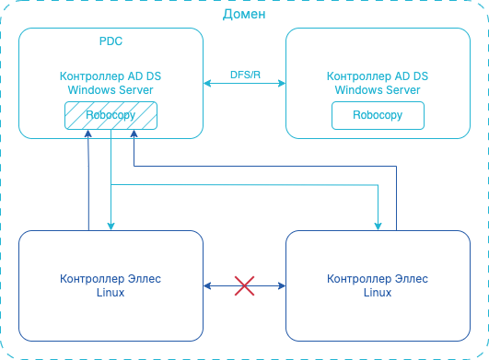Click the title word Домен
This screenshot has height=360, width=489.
pyautogui.click(x=244, y=14)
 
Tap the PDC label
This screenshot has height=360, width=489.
pyautogui.click(x=111, y=42)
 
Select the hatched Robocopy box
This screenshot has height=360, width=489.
pyautogui.click(x=111, y=116)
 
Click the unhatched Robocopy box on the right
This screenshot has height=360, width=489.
pyautogui.click(x=378, y=116)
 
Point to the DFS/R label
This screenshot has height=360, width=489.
pyautogui.click(x=244, y=73)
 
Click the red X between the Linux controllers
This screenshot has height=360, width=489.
pyautogui.click(x=244, y=285)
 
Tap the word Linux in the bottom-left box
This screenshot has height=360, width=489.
pyautogui.click(x=111, y=292)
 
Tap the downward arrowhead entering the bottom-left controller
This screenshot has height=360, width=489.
pyautogui.click(x=111, y=226)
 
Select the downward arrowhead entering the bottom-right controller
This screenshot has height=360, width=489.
pyautogui.click(x=378, y=226)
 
